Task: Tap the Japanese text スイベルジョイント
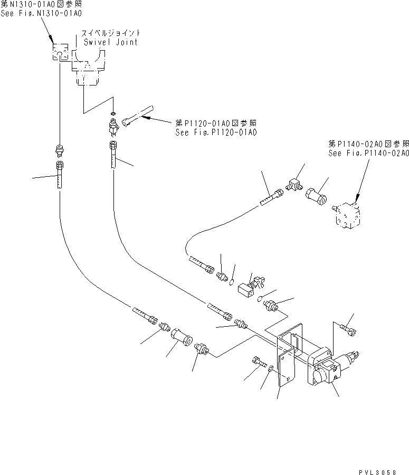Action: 111,33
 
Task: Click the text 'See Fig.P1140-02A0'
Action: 368,153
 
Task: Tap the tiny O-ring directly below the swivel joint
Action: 113,113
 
